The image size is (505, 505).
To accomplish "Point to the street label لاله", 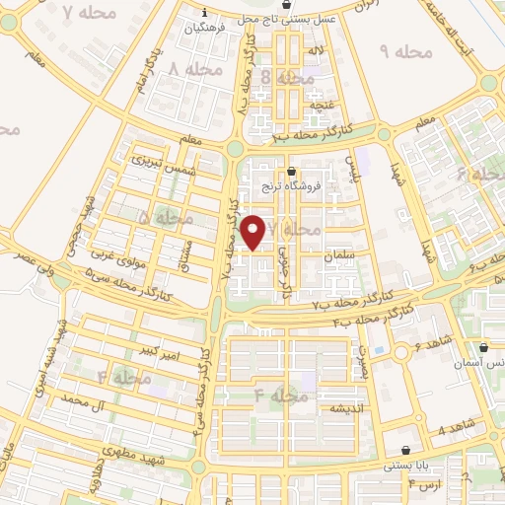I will pyautogui.click(x=317, y=48).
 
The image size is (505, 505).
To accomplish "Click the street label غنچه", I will pyautogui.click(x=320, y=104).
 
